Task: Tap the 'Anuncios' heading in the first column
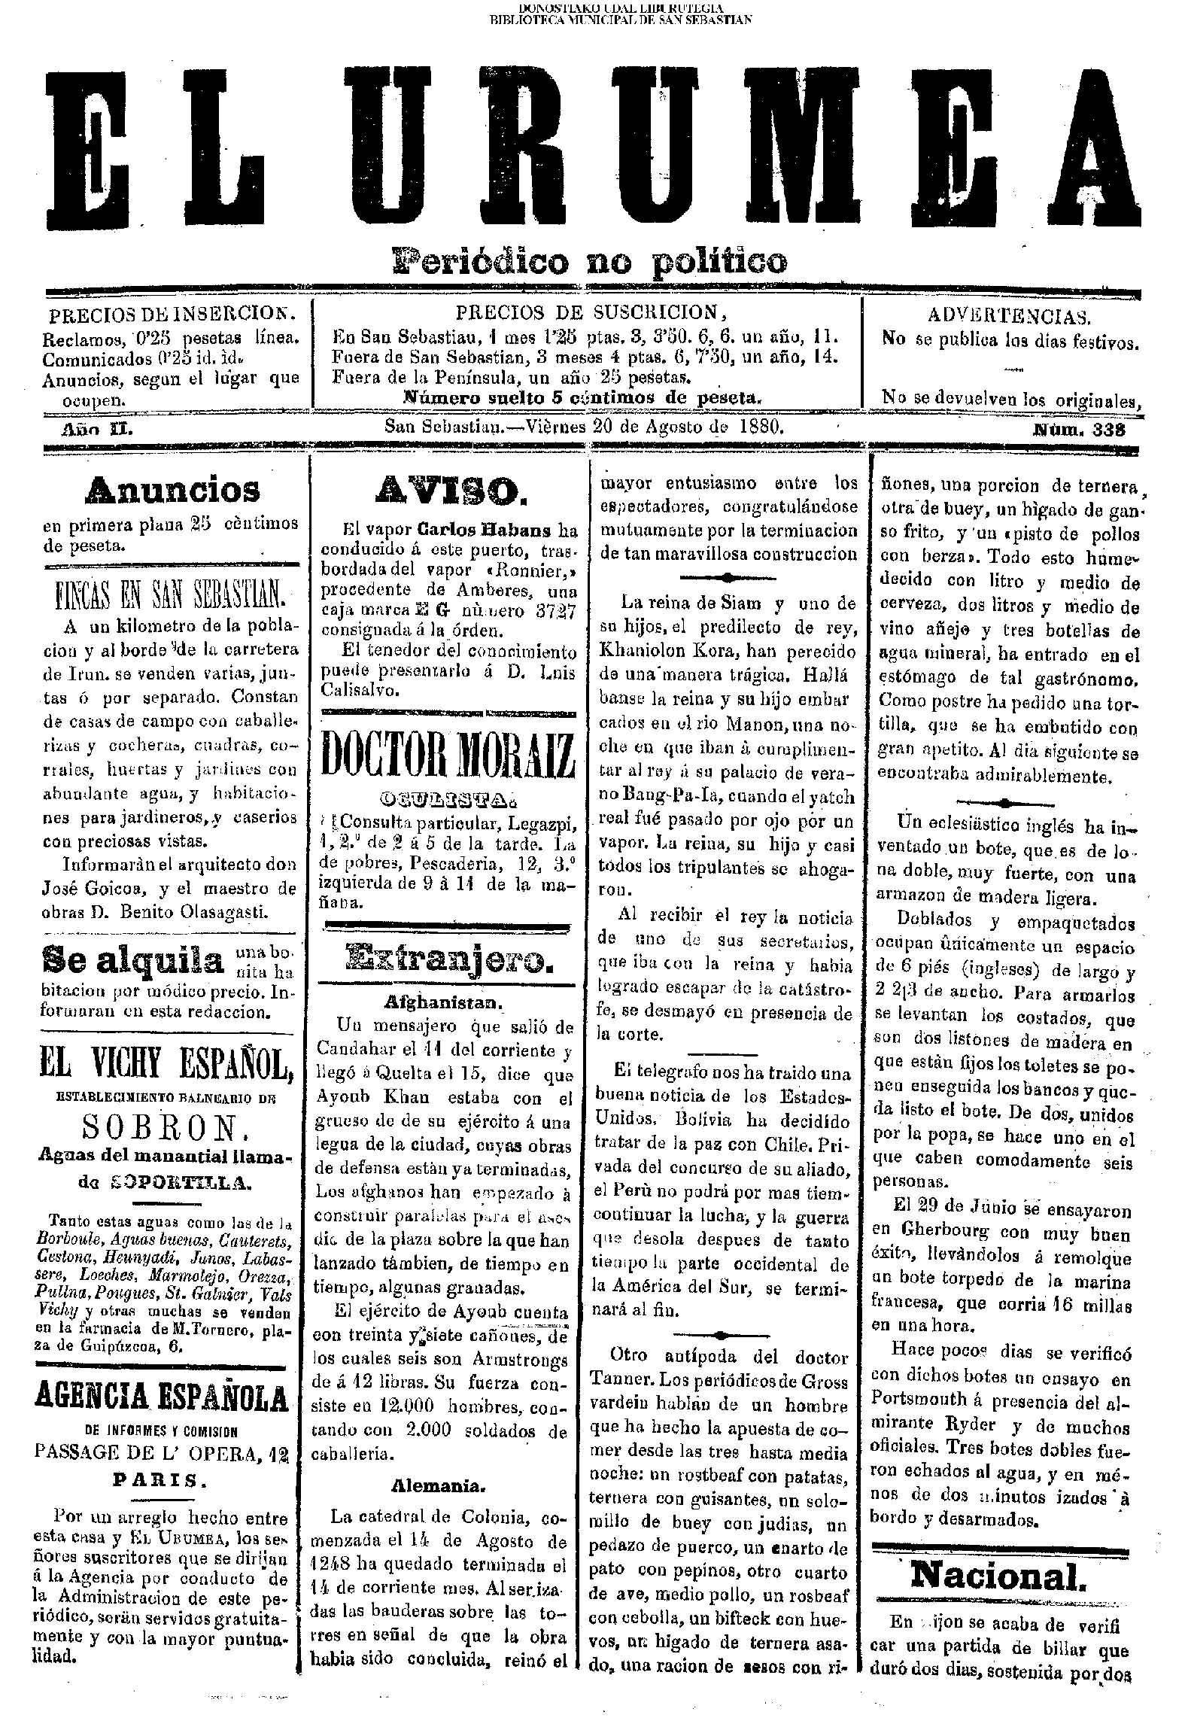[173, 490]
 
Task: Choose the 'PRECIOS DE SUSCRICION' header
[587, 312]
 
